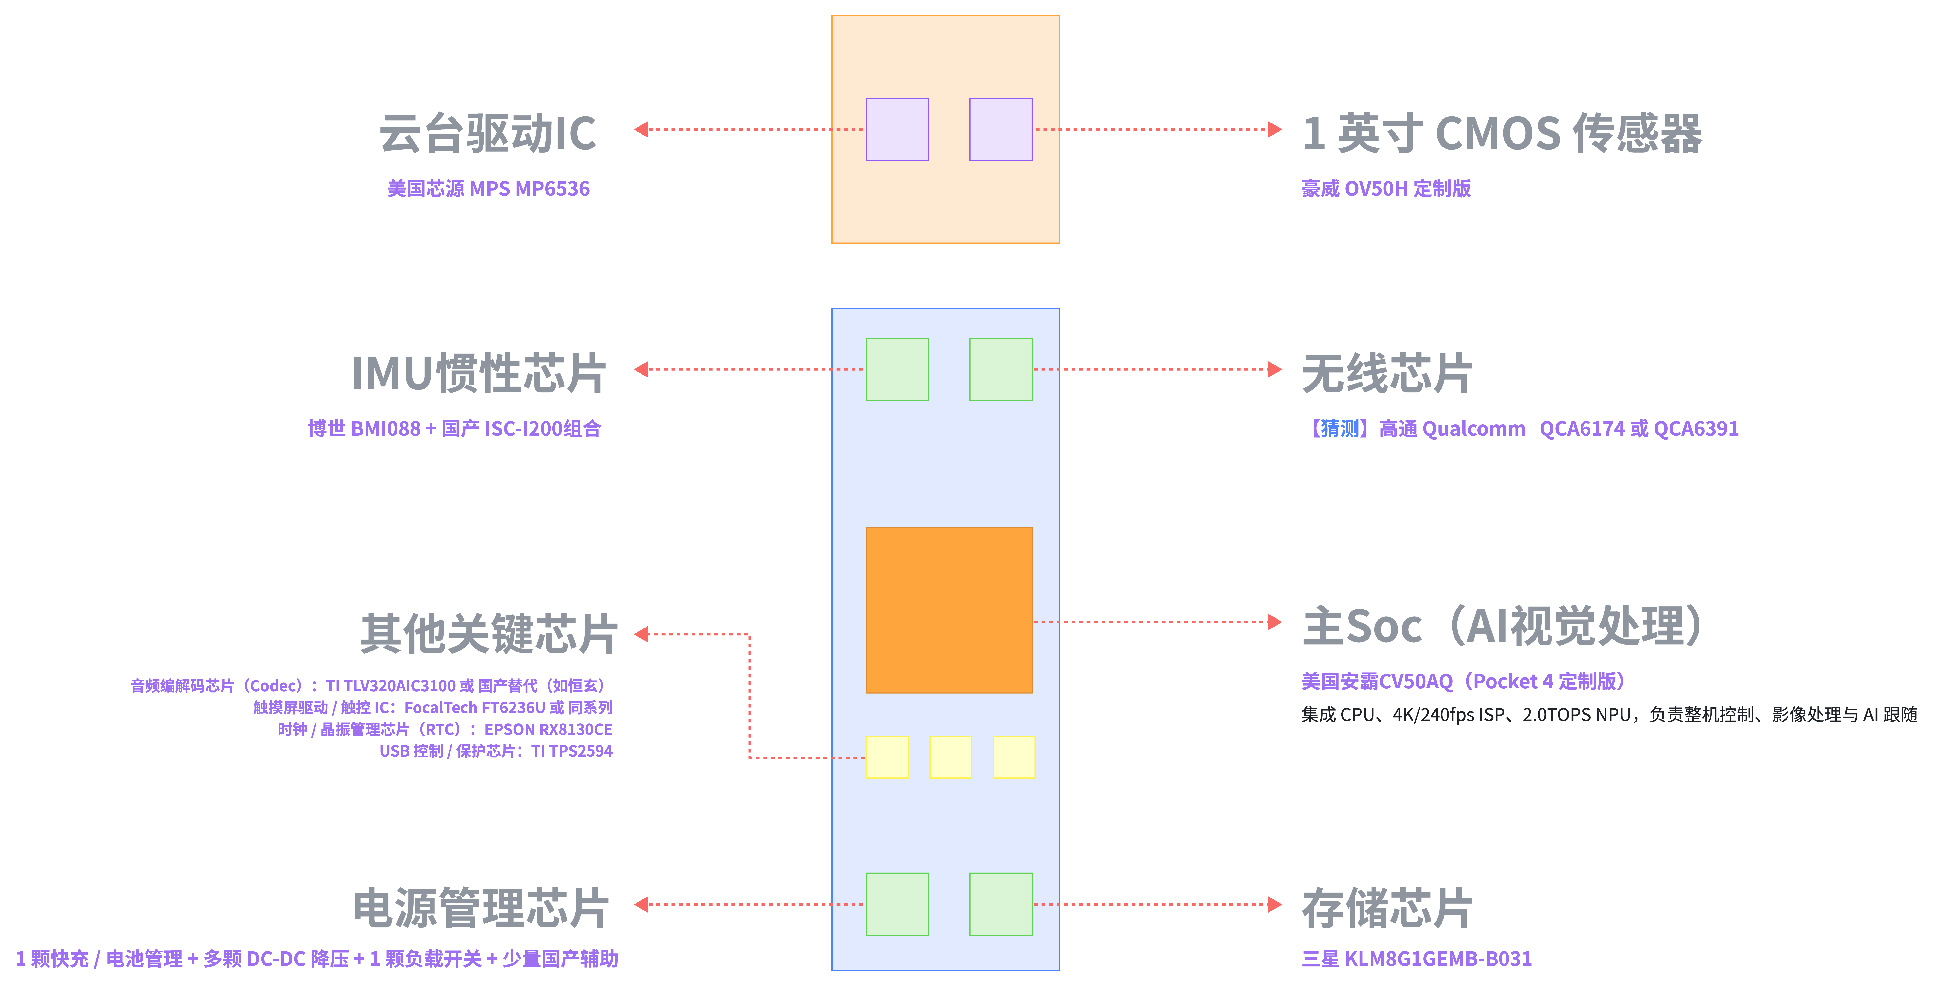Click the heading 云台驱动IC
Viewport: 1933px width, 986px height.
tap(488, 134)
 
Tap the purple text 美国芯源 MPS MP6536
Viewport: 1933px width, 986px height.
tap(488, 188)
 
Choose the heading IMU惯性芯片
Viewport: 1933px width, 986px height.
tap(479, 373)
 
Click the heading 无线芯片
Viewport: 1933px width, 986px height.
tap(1387, 373)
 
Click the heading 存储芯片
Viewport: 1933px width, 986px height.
tap(1387, 908)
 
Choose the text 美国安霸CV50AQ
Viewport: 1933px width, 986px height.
tap(1377, 681)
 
